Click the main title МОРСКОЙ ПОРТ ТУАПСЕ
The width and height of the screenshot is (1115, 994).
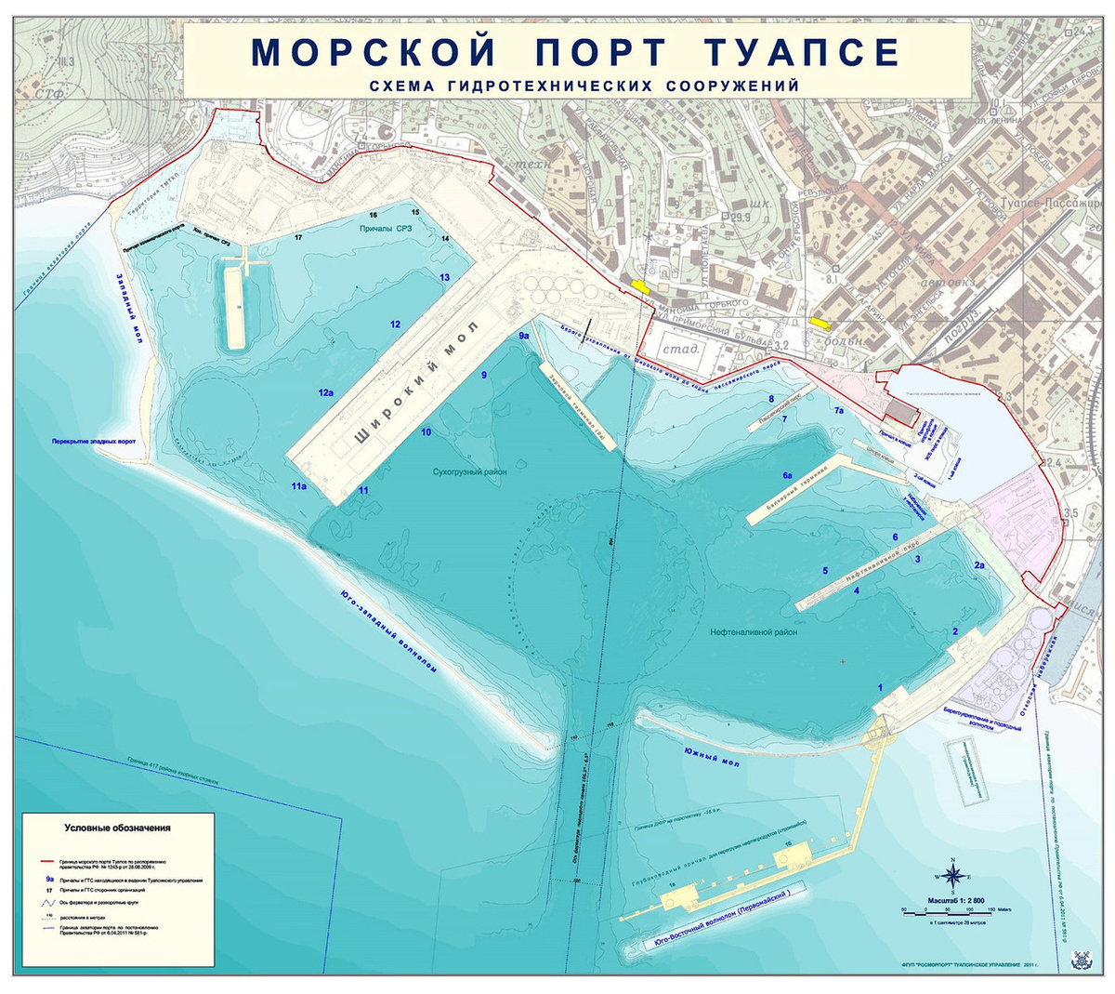click(575, 51)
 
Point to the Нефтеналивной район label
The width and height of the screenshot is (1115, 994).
click(754, 632)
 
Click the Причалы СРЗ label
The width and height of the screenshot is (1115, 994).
click(385, 228)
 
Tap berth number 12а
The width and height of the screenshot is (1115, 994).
click(325, 393)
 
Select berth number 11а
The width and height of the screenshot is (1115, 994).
click(298, 486)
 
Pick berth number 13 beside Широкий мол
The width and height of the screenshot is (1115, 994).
click(445, 277)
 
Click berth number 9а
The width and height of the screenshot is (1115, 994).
click(524, 336)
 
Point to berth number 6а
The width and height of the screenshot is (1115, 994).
click(787, 475)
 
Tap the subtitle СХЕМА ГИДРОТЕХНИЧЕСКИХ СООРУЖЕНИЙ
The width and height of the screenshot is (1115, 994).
click(584, 86)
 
